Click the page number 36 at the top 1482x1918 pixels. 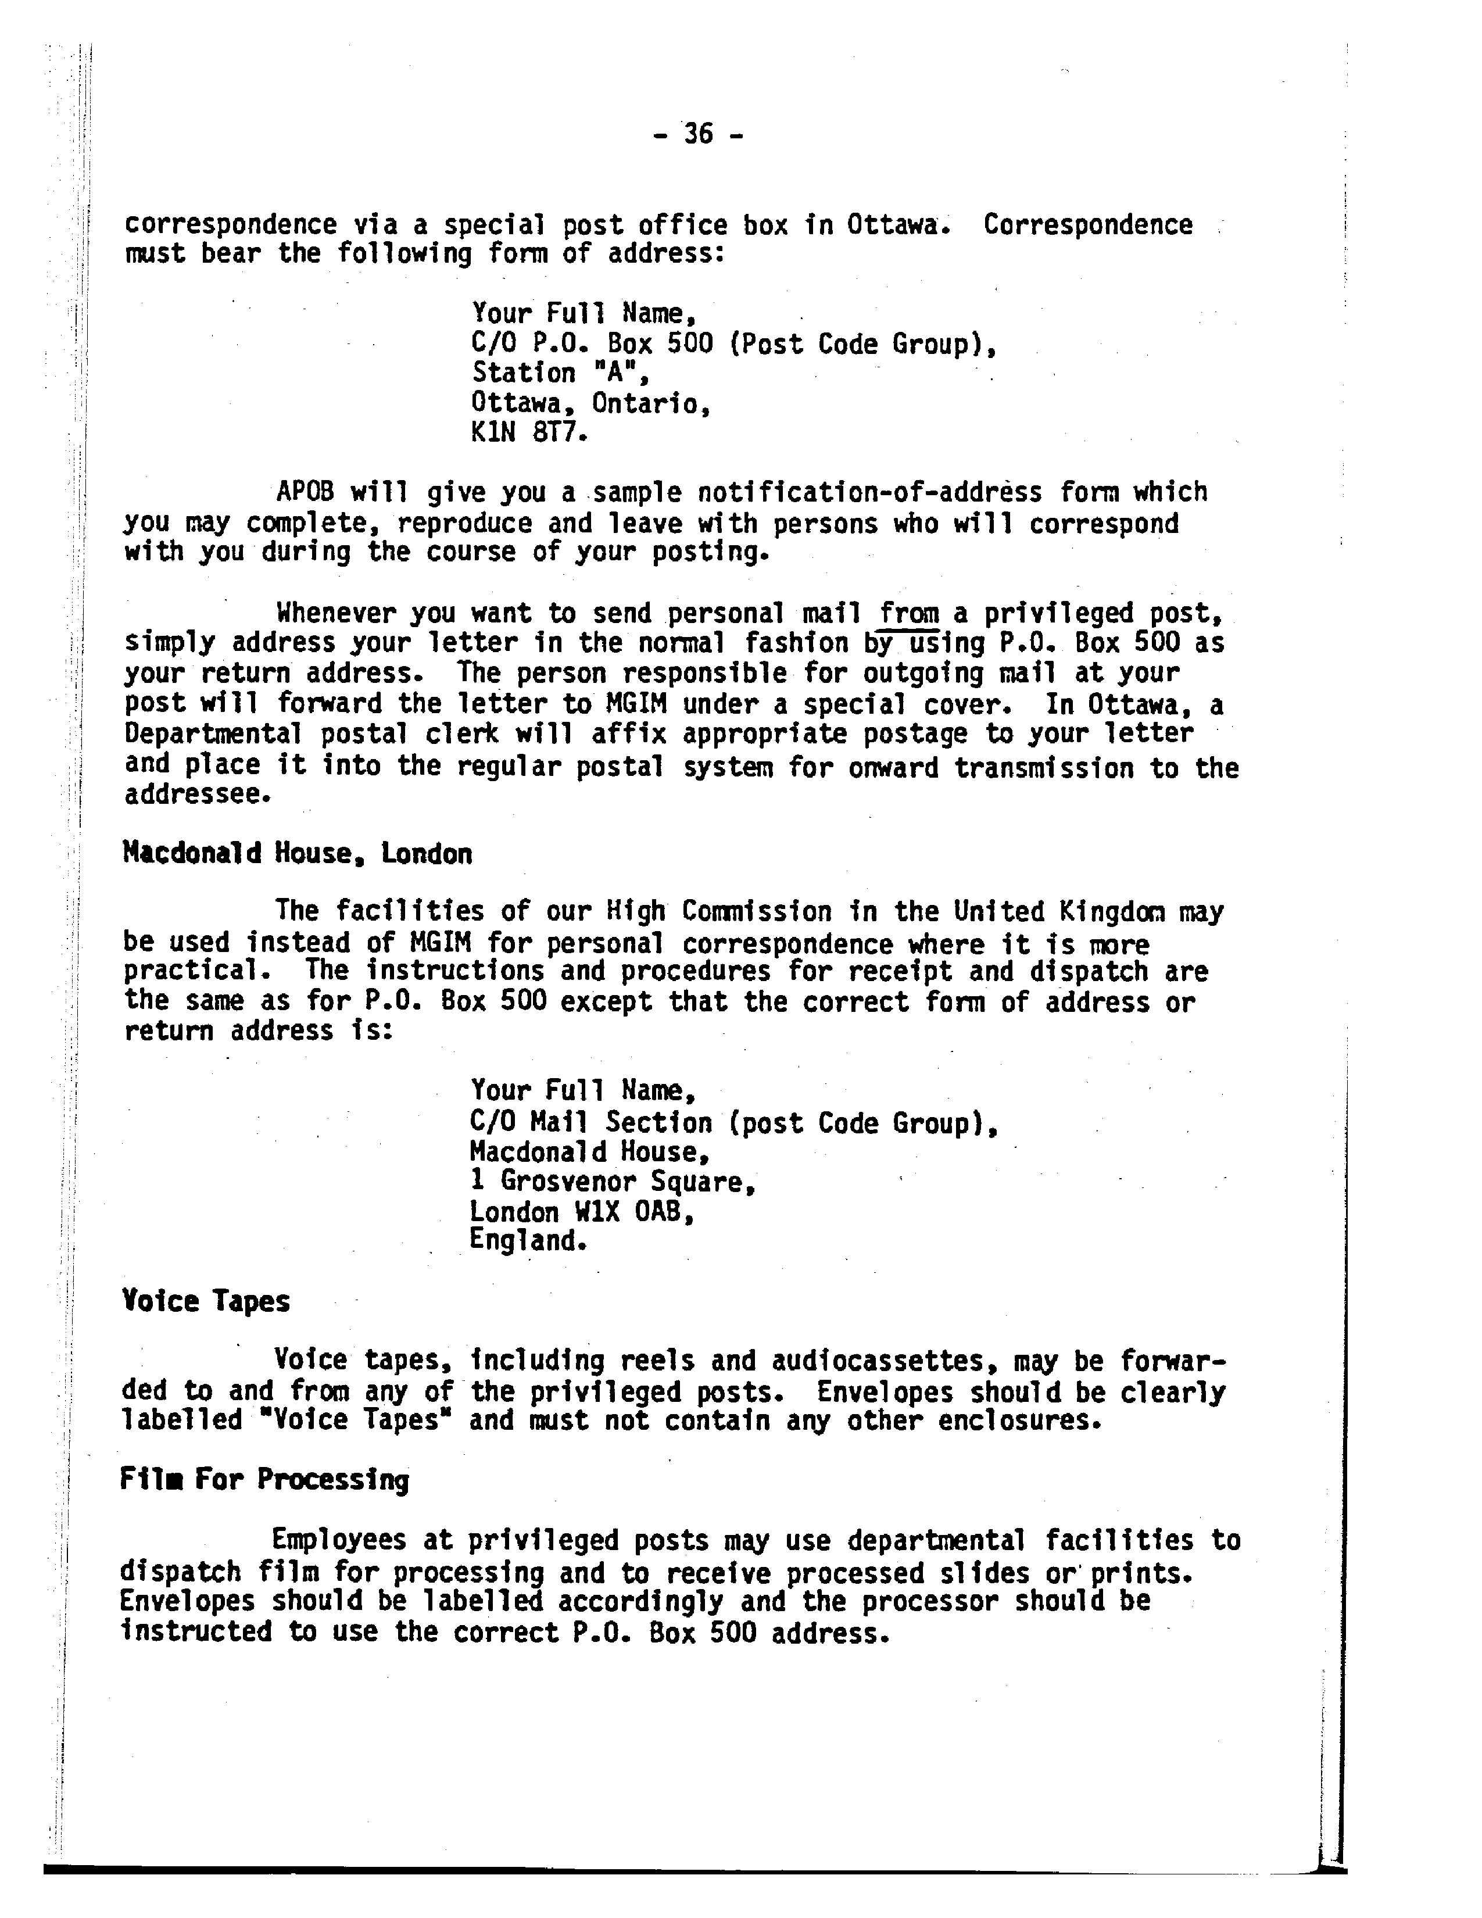[698, 134]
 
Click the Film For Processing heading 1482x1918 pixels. [264, 1480]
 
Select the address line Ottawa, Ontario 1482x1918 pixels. [590, 403]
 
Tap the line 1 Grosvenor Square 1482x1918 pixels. [612, 1182]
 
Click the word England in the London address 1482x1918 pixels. [527, 1241]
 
